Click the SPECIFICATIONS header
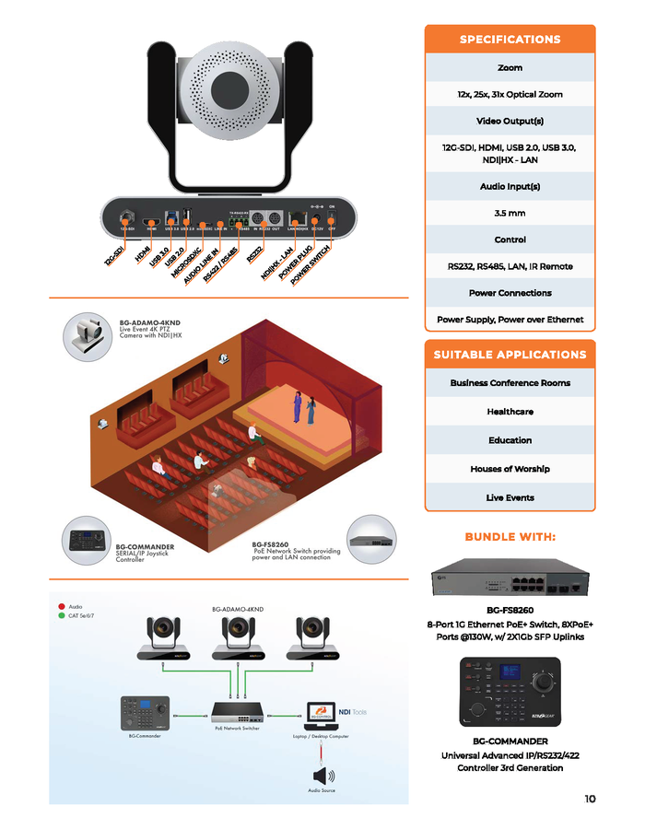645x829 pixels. [510, 40]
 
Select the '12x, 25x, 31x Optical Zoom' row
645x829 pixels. [510, 94]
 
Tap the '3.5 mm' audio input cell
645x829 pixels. [510, 213]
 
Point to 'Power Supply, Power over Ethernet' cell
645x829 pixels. [510, 320]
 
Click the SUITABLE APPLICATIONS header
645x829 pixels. [510, 355]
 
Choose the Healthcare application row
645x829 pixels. [510, 412]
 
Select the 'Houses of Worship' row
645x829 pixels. [510, 469]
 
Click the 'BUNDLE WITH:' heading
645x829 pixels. [510, 537]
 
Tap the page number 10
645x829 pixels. [589, 799]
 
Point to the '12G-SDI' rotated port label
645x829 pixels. [114, 255]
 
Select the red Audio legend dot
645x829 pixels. [61, 606]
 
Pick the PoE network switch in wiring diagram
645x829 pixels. [237, 713]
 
